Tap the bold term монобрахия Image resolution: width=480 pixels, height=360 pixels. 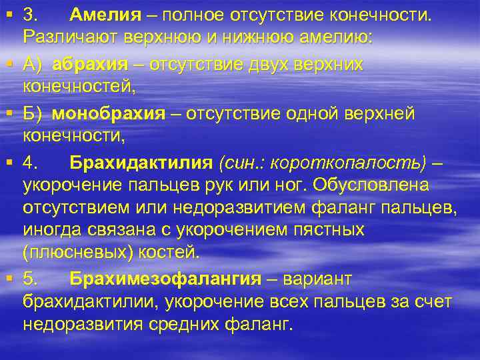pyautogui.click(x=108, y=115)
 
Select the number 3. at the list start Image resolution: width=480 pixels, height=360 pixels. pyautogui.click(x=31, y=15)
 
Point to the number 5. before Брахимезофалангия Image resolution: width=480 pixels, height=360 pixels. pyautogui.click(x=31, y=279)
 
